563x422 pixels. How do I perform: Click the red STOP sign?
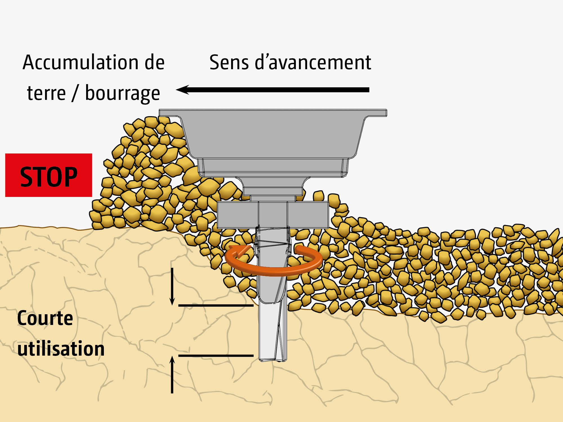click(x=48, y=175)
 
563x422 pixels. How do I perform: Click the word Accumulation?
click(x=81, y=62)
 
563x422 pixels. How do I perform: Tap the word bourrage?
click(x=122, y=93)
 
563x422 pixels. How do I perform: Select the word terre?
click(x=46, y=93)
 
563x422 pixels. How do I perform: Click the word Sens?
click(x=229, y=62)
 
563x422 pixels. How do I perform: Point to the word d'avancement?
click(x=313, y=62)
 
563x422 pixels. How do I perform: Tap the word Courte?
click(x=45, y=318)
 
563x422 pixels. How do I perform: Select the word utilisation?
click(x=61, y=349)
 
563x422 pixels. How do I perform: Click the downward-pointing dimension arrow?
click(x=172, y=287)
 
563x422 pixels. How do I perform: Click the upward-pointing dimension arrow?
click(x=172, y=374)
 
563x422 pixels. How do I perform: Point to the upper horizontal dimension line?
click(x=216, y=305)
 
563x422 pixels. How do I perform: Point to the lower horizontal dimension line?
click(x=216, y=356)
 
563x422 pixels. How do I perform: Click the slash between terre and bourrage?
click(x=75, y=93)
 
